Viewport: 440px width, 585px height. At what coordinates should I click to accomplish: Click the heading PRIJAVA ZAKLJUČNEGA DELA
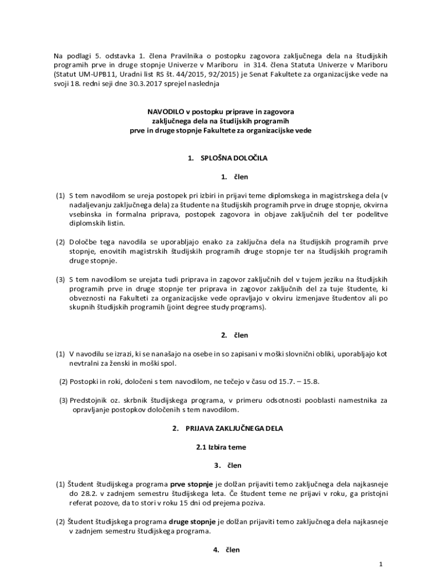pyautogui.click(x=234, y=428)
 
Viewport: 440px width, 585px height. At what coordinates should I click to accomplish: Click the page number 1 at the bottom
pyautogui.click(x=380, y=564)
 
